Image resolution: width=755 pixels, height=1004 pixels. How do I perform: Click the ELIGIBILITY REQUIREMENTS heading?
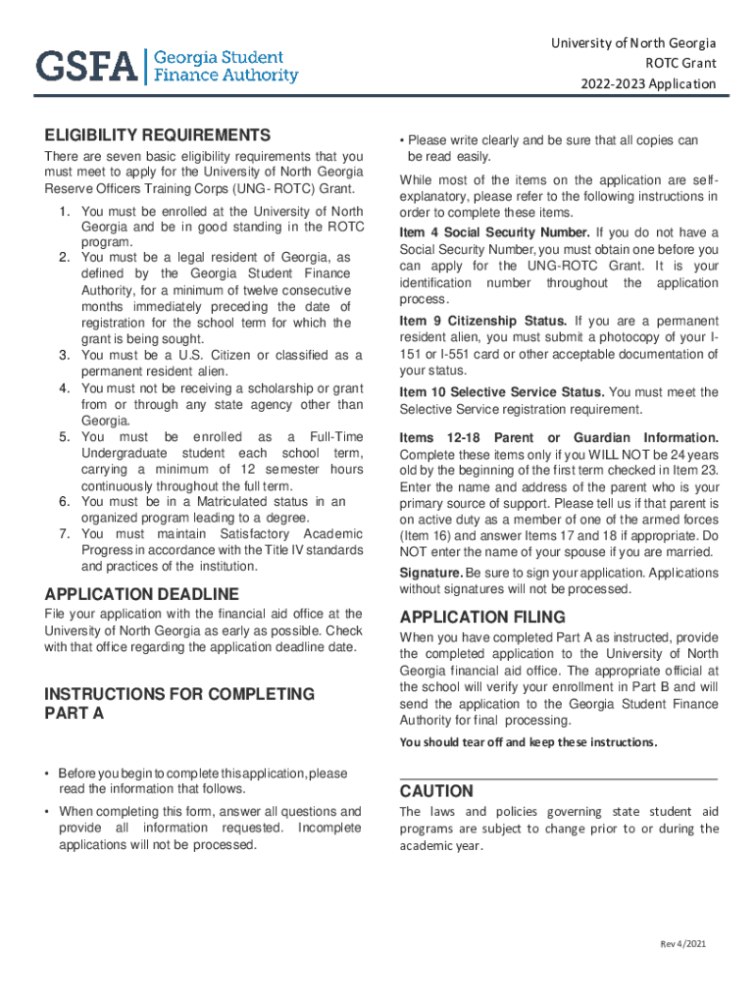[157, 135]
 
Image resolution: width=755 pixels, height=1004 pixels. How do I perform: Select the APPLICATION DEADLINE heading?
[141, 594]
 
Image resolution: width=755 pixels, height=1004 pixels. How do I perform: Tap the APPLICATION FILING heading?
[482, 618]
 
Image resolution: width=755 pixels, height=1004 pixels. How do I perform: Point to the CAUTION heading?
[436, 791]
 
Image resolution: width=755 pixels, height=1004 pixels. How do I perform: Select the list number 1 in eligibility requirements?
[63, 212]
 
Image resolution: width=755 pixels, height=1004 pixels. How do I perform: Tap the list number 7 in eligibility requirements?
[63, 534]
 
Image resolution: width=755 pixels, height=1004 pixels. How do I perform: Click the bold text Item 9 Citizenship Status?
[483, 322]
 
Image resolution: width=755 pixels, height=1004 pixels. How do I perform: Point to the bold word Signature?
[430, 573]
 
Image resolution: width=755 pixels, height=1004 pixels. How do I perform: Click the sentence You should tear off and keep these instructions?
[528, 742]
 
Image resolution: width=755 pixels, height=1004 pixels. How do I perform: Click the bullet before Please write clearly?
[403, 141]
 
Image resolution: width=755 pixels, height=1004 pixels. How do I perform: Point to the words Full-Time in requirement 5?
[335, 435]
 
